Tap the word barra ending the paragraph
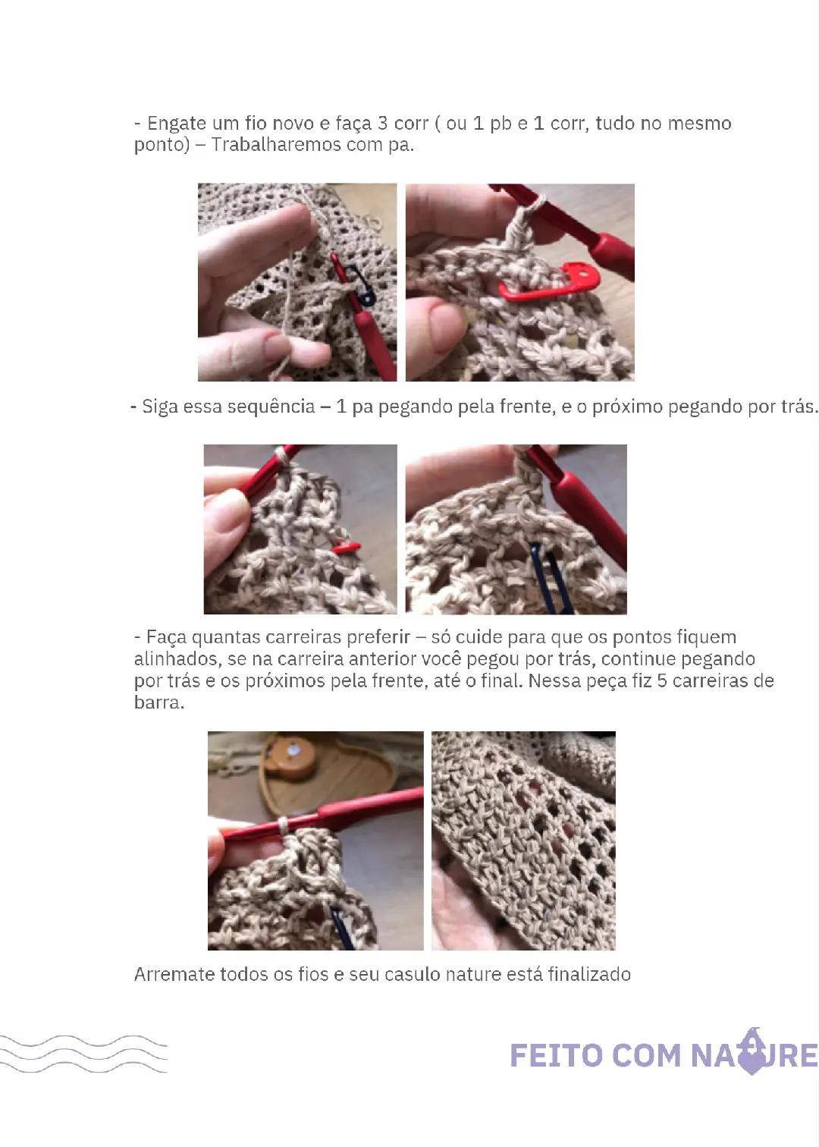(x=158, y=702)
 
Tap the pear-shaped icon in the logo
(x=752, y=1052)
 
